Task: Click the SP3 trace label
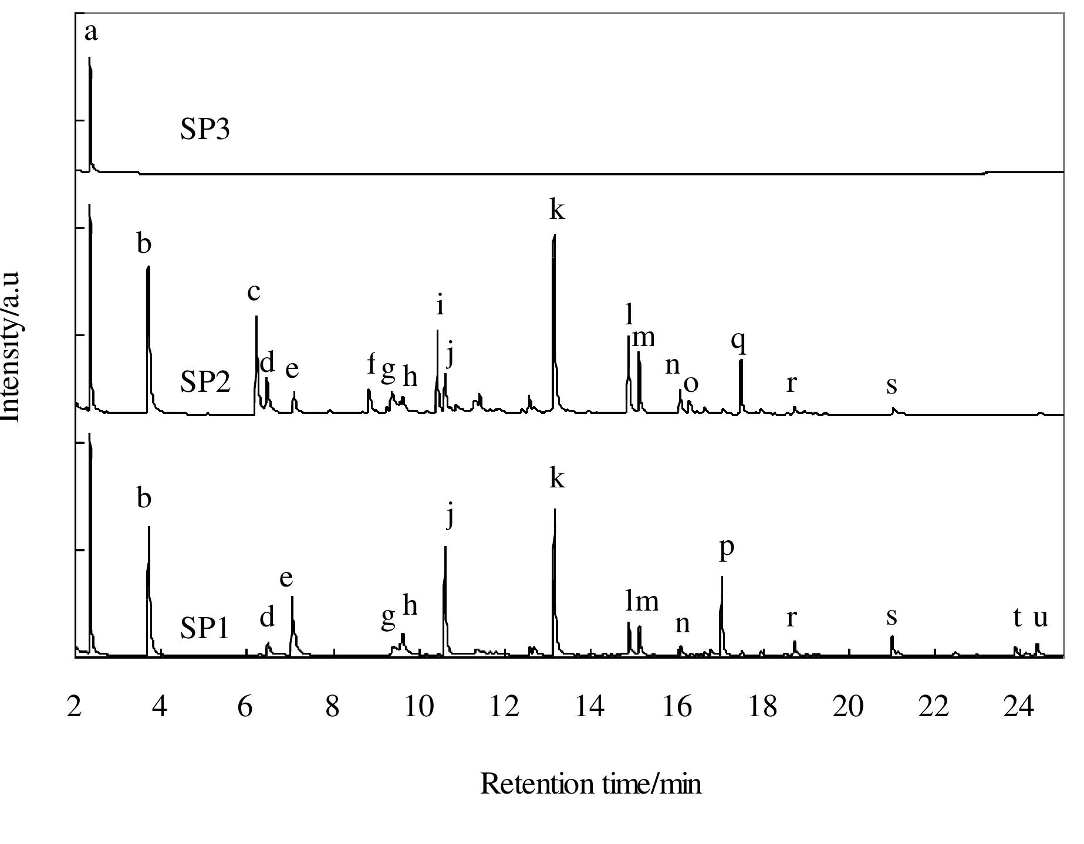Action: (x=205, y=129)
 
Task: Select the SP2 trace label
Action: (x=205, y=382)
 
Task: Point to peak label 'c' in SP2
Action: (x=254, y=291)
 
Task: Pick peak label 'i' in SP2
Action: (x=440, y=306)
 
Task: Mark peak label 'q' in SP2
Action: (x=739, y=341)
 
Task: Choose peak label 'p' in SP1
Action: (x=727, y=549)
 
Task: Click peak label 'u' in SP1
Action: (x=1040, y=618)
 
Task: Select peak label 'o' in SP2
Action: (x=691, y=384)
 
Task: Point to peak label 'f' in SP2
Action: (x=371, y=364)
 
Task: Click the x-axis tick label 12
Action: (x=504, y=707)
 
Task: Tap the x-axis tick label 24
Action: (x=1018, y=707)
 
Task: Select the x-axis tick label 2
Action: (x=75, y=707)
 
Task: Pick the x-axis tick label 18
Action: (x=762, y=707)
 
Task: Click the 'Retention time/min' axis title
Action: (x=590, y=784)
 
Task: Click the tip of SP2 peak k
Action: (x=554, y=235)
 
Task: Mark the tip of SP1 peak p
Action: (x=722, y=577)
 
